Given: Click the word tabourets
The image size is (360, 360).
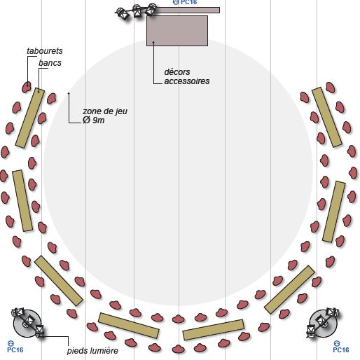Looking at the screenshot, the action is click(45, 51).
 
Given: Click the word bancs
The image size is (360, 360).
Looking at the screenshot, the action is click(50, 63).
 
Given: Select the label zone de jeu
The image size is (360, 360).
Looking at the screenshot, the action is click(105, 111).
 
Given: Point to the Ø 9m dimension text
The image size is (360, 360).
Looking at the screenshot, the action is click(93, 120).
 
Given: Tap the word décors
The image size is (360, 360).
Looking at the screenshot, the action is click(177, 72).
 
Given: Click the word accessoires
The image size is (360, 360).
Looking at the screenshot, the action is click(187, 81).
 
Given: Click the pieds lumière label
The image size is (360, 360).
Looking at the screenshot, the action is click(92, 351).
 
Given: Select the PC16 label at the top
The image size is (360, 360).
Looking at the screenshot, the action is click(189, 2).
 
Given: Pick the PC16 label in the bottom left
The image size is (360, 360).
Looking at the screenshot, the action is click(15, 349).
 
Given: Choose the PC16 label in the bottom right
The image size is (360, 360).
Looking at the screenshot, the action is click(341, 349).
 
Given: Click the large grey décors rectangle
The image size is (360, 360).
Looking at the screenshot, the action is click(177, 31).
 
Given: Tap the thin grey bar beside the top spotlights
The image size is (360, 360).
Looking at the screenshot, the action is click(184, 10).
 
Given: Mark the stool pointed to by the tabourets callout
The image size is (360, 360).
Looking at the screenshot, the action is click(27, 87).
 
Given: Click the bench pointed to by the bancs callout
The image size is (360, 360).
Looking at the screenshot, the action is click(30, 118).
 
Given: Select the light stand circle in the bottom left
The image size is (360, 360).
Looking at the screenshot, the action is click(27, 324).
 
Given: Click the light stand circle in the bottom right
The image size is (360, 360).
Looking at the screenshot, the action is click(324, 324).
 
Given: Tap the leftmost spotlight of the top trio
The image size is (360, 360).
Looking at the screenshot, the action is click(123, 13).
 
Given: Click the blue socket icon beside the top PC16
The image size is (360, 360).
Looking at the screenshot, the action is click(176, 2).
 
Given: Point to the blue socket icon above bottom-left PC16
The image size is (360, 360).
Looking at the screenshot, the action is click(11, 343).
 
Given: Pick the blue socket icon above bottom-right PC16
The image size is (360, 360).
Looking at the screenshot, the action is click(336, 343).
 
